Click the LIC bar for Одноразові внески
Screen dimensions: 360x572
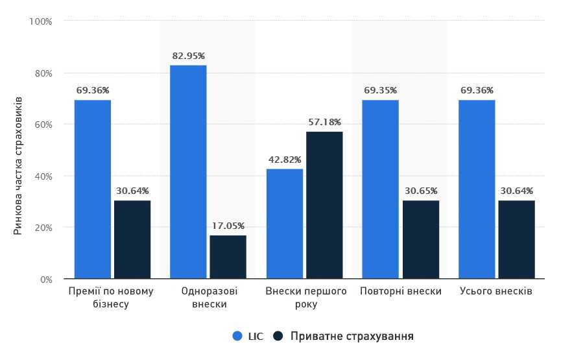coord(188,172)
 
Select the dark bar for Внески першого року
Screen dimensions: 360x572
coord(324,205)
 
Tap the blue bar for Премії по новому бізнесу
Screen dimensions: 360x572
coord(92,189)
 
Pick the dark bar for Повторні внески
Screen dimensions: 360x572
coord(420,239)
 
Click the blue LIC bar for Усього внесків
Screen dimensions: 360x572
coord(477,189)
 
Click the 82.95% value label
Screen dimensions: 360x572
coord(189,56)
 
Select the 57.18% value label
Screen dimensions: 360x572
coord(324,122)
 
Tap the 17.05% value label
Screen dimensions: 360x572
coord(228,226)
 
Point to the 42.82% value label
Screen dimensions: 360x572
coord(284,160)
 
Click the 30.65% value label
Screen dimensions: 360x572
coord(420,191)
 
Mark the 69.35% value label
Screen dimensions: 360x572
coord(381,90)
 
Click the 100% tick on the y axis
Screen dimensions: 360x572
coord(40,21)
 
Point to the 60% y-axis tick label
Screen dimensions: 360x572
coord(42,125)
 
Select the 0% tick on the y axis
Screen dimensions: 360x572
coord(45,280)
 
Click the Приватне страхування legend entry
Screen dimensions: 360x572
coord(343,336)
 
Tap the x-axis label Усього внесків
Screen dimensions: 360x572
coord(495,291)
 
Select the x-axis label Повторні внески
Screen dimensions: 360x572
coord(400,291)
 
